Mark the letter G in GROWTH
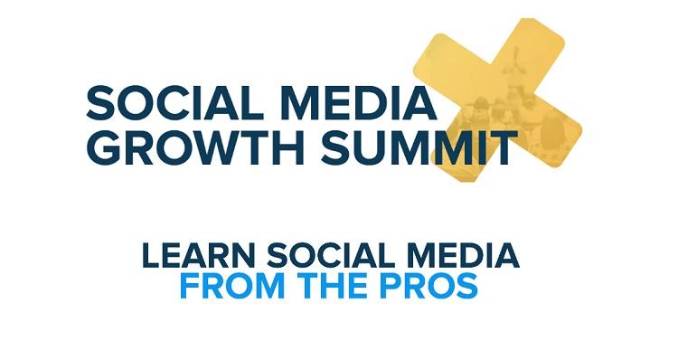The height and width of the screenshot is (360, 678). [106, 147]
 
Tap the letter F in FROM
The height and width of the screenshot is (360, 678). [189, 286]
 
